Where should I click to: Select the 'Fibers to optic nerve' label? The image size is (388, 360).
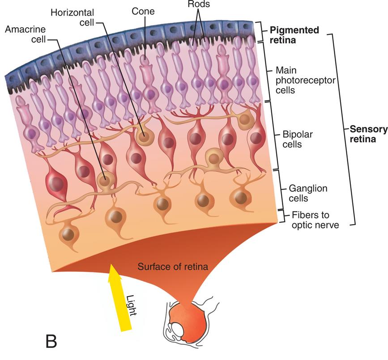(315, 220)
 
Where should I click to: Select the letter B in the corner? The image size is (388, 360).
(51, 342)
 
